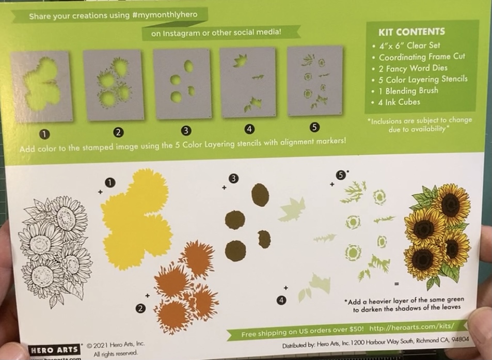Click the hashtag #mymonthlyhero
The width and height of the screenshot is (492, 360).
[165, 15]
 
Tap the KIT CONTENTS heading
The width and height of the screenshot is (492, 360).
[411, 32]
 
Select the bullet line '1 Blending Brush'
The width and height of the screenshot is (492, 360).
[408, 91]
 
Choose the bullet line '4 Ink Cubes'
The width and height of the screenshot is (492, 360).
[399, 102]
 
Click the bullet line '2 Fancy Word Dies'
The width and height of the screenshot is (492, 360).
[413, 68]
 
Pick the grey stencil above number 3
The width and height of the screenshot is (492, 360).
[182, 84]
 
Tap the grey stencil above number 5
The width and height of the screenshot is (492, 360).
[315, 81]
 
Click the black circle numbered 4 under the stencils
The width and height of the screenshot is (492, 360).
[249, 129]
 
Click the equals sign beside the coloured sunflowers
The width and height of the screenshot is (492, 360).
[396, 284]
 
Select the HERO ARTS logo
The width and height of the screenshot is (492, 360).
[54, 350]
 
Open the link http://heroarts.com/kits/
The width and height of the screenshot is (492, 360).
[411, 327]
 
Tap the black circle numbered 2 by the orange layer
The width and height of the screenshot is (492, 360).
[140, 308]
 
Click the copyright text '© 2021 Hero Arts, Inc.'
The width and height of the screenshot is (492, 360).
[115, 345]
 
